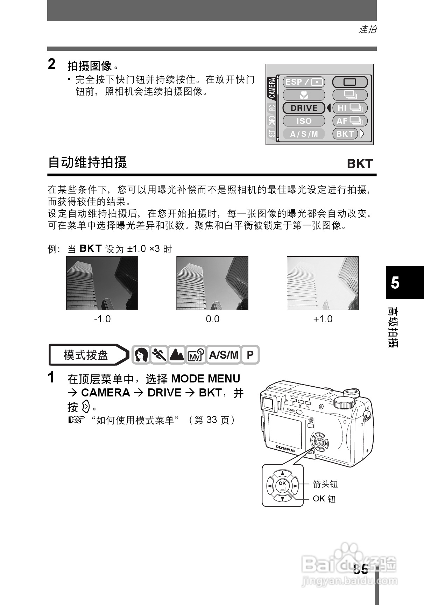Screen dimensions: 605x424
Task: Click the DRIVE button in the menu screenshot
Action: click(x=304, y=108)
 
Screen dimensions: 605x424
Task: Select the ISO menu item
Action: click(x=304, y=121)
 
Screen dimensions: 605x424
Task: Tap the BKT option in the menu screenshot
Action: click(x=345, y=134)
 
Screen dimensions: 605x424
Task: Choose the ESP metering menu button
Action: click(x=304, y=82)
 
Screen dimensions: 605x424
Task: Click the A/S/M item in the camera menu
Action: click(x=304, y=134)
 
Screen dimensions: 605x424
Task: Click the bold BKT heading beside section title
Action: click(x=360, y=164)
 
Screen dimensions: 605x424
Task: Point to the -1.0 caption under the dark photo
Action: click(x=102, y=319)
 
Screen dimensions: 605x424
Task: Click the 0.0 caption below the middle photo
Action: click(x=212, y=319)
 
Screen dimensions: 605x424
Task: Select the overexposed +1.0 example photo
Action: click(x=323, y=283)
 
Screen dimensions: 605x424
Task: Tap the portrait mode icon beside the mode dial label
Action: click(x=141, y=355)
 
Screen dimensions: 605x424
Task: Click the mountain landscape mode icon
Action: click(x=177, y=355)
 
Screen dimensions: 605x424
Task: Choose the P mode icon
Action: click(x=250, y=355)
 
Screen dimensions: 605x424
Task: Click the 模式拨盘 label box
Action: click(x=86, y=355)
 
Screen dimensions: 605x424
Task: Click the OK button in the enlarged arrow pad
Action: click(x=282, y=486)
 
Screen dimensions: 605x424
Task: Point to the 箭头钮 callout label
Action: click(x=325, y=484)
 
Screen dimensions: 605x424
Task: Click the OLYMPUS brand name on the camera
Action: click(x=285, y=448)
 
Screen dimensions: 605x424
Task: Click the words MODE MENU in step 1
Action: click(x=206, y=379)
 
